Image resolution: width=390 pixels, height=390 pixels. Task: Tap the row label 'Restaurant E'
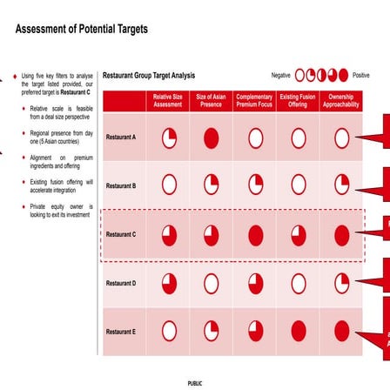pos(122,332)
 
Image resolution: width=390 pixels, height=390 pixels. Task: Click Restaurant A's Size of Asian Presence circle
pos(213,138)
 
